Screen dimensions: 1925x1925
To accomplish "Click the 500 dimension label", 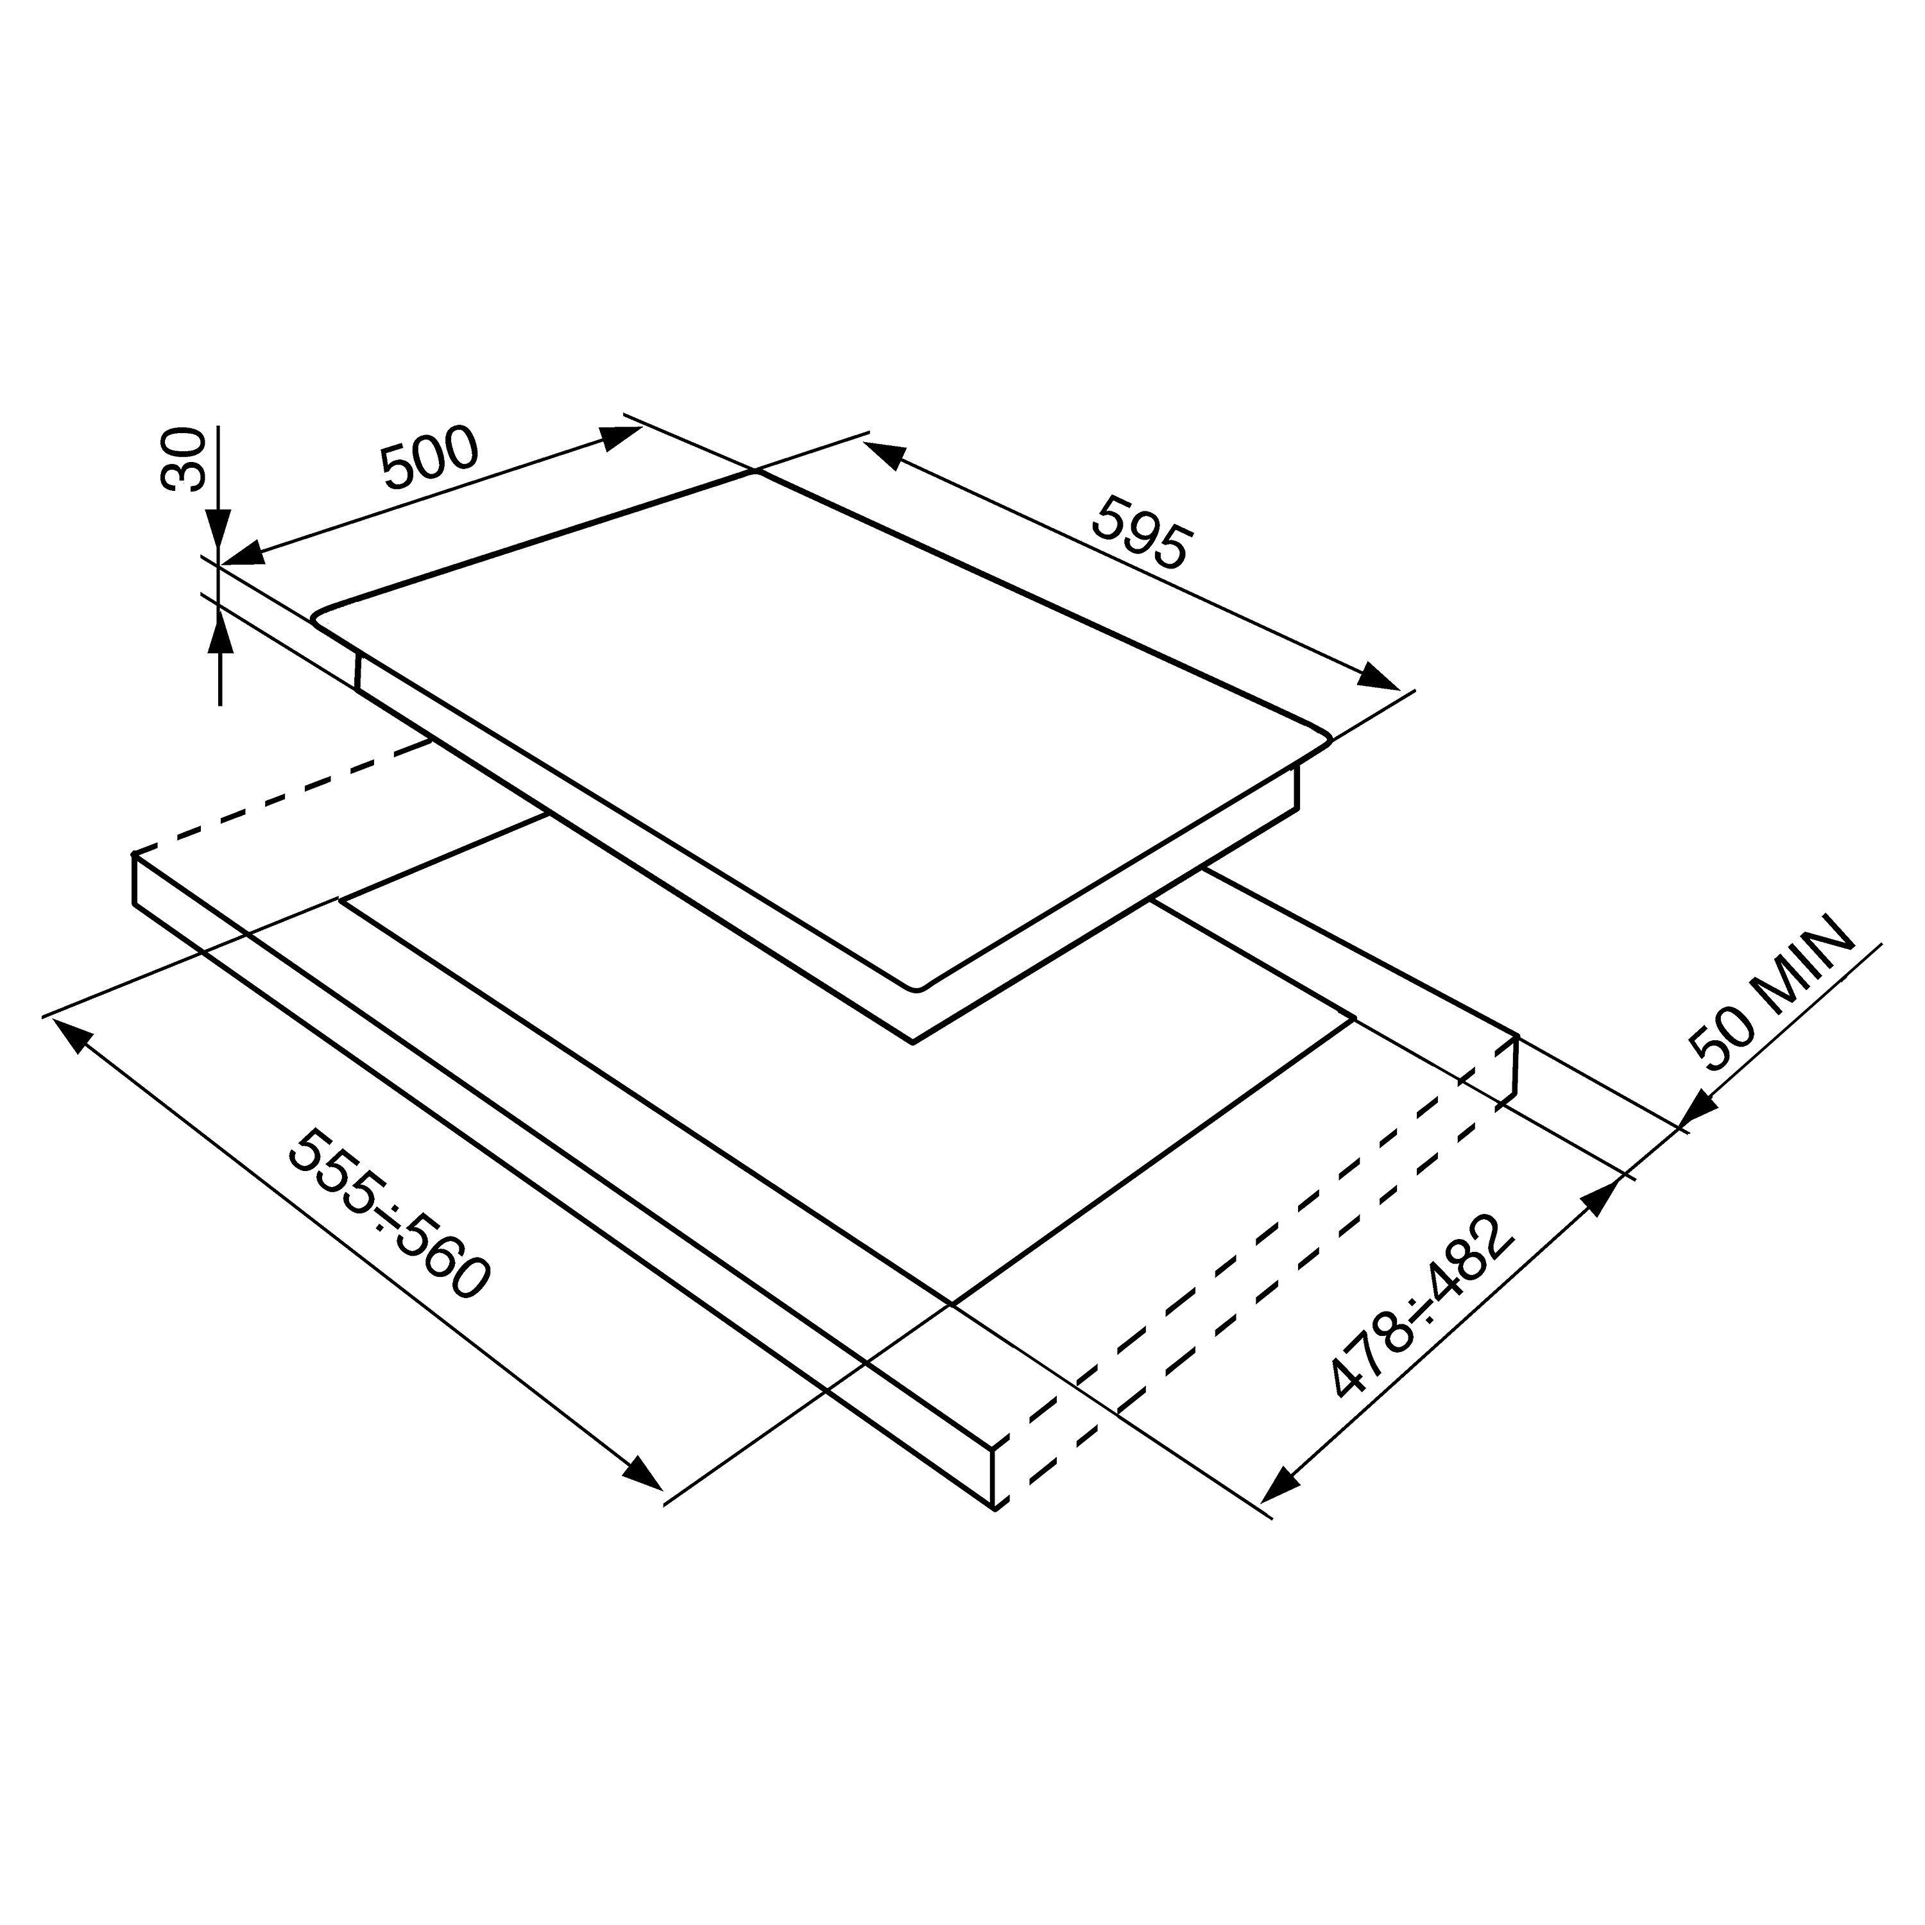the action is pyautogui.click(x=431, y=458).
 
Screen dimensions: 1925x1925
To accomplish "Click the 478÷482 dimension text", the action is pyautogui.click(x=1422, y=1305).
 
